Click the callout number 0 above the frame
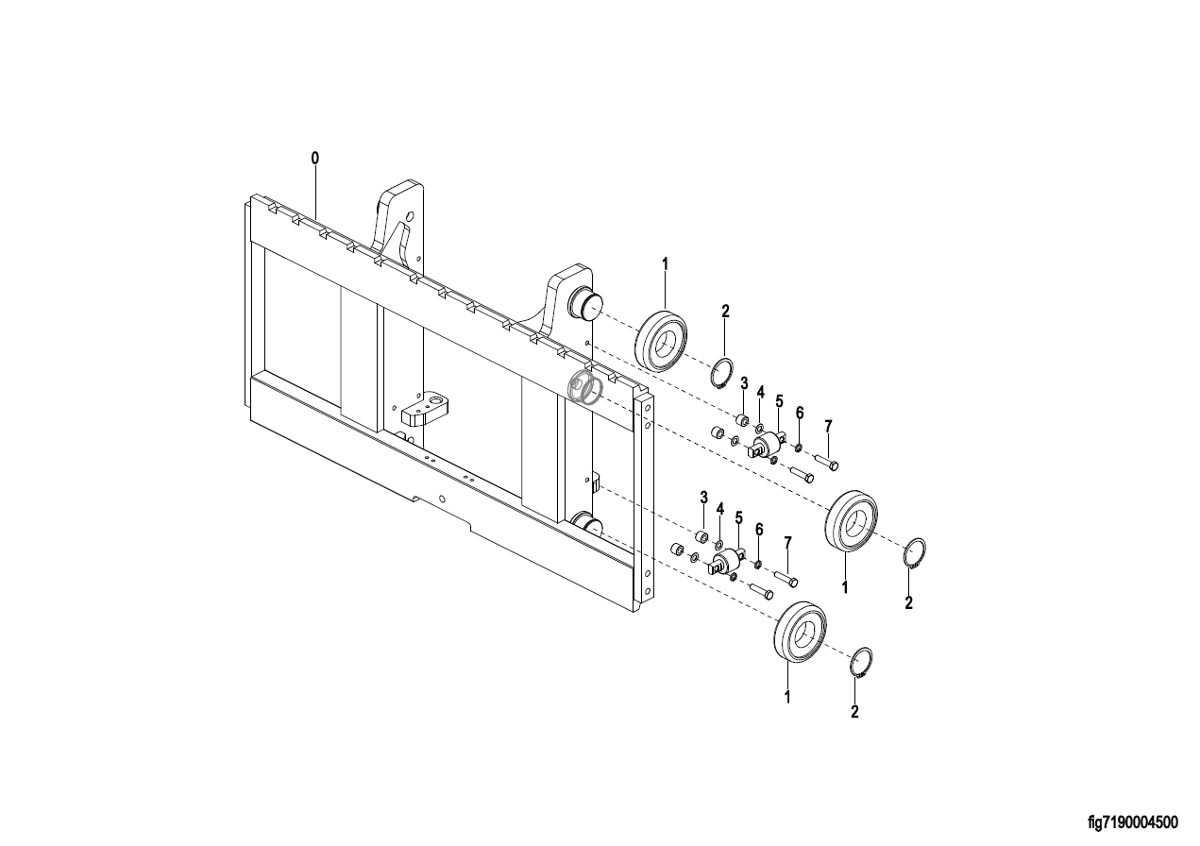(315, 158)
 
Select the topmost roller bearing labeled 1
(661, 340)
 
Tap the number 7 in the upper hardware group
(828, 427)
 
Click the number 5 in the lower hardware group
(738, 518)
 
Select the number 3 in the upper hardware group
(744, 383)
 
